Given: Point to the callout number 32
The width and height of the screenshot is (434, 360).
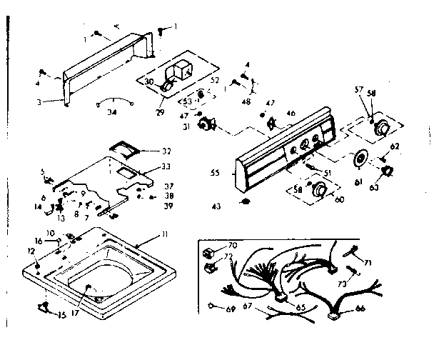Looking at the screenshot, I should (x=166, y=151).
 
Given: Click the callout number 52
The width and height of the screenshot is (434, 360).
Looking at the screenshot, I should (x=215, y=79).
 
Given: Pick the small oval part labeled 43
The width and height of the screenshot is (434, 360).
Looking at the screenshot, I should (x=245, y=203).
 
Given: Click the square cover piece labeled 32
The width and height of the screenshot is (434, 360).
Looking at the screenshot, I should (x=125, y=146).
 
